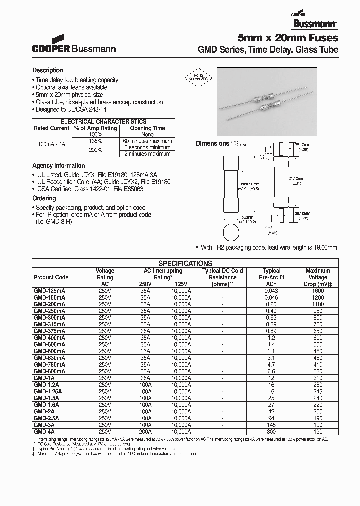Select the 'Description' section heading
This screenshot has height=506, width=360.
(x=48, y=70)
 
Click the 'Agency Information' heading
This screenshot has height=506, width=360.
(x=59, y=165)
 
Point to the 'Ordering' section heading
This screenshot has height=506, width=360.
(x=44, y=198)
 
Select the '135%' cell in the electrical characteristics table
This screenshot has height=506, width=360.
(x=95, y=141)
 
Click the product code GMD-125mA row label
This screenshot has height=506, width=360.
(x=50, y=291)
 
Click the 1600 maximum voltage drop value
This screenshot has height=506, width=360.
(x=318, y=291)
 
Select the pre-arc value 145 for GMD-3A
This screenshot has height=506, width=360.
(x=272, y=425)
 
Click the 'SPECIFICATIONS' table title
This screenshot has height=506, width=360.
(x=185, y=263)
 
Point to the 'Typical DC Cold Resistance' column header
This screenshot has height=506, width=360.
(x=223, y=277)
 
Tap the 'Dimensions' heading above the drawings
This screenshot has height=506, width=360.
(x=212, y=143)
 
